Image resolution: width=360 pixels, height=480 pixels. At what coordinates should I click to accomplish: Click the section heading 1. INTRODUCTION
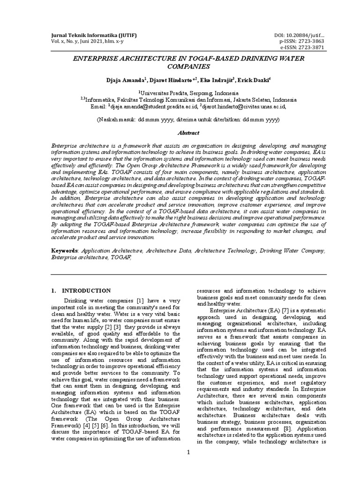pyautogui.click(x=81, y=291)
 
